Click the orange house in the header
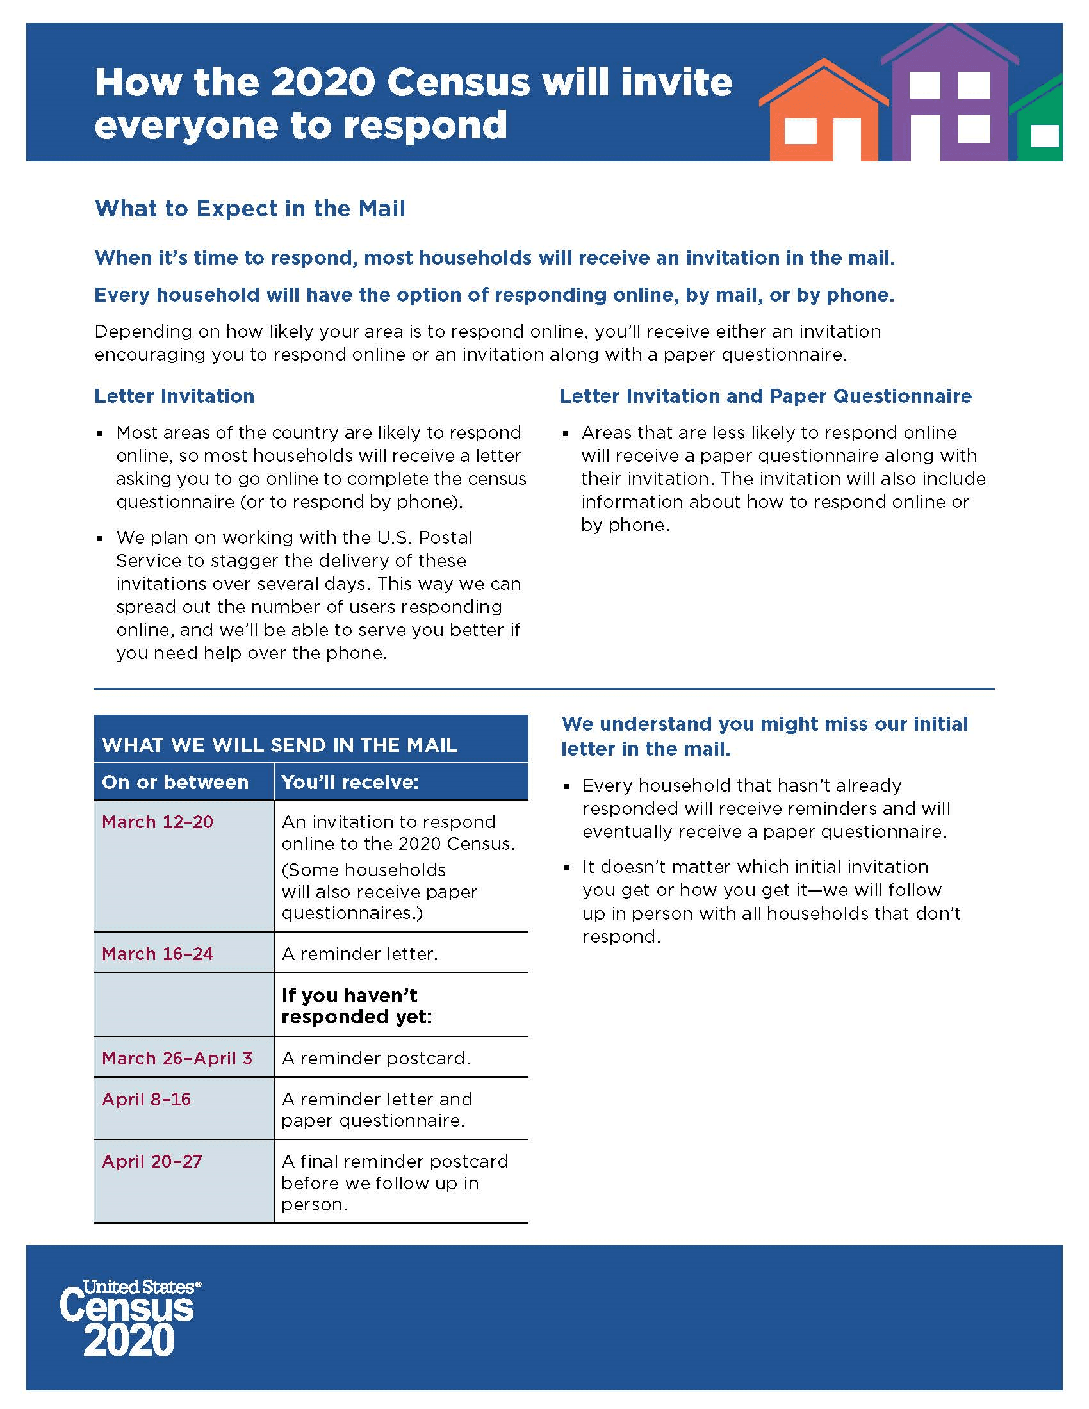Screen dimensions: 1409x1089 pyautogui.click(x=823, y=116)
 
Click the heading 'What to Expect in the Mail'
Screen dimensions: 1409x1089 pyautogui.click(x=250, y=208)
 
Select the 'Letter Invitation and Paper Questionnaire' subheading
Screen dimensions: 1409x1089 pyautogui.click(x=765, y=395)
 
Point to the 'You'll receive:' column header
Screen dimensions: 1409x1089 pyautogui.click(x=350, y=782)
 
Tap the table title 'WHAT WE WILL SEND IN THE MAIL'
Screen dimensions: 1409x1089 pyautogui.click(x=279, y=744)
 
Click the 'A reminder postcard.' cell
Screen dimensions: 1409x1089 pyautogui.click(x=376, y=1058)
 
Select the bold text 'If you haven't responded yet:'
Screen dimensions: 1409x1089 pyautogui.click(x=356, y=1006)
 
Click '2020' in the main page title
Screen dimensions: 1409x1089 pyautogui.click(x=323, y=82)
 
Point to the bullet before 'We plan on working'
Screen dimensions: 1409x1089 pyautogui.click(x=101, y=538)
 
